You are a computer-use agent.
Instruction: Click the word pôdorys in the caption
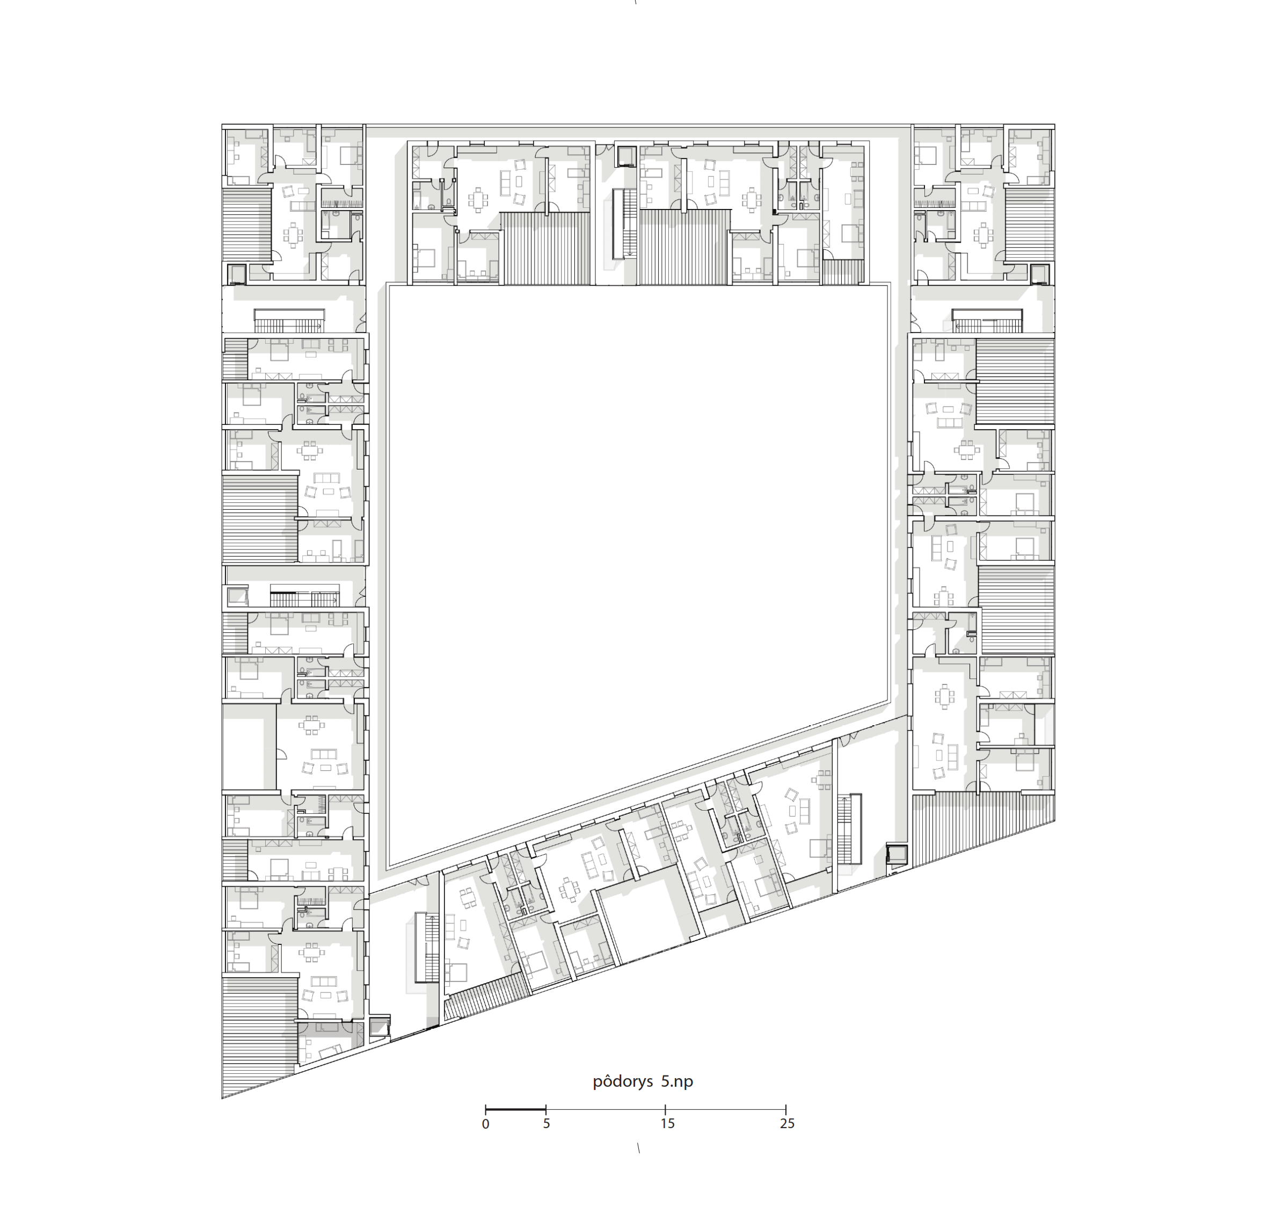click(622, 1082)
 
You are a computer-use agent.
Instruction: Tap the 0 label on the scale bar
click(485, 1124)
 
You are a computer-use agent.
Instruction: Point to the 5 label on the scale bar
click(546, 1124)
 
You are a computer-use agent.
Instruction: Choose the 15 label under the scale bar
click(667, 1124)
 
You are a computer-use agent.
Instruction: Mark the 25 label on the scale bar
click(786, 1124)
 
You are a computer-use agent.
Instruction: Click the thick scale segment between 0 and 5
click(516, 1109)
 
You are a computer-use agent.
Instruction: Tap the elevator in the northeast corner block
click(1040, 274)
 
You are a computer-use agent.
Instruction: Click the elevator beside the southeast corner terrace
click(897, 854)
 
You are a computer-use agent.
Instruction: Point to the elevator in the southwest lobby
click(380, 1027)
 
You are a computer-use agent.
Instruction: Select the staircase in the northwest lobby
click(288, 321)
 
